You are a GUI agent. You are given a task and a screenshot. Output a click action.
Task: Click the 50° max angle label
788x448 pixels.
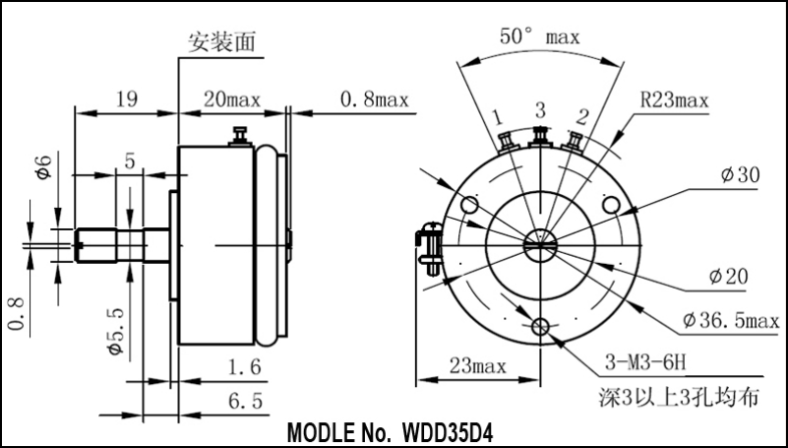tap(540, 36)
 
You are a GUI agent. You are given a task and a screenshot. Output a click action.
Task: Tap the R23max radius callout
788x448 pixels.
tap(675, 101)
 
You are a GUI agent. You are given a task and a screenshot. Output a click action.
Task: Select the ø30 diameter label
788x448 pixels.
tap(740, 175)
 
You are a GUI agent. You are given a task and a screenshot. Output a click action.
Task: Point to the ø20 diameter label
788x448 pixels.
tap(728, 276)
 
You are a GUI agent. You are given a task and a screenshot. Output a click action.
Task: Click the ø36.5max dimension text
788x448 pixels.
tap(731, 320)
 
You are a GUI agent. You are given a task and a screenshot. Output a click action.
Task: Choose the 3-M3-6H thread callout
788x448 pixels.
tap(645, 362)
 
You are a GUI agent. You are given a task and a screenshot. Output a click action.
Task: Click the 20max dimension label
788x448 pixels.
tap(232, 99)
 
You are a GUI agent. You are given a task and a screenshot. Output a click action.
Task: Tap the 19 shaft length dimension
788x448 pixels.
tap(127, 99)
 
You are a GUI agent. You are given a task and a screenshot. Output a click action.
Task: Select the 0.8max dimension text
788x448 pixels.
tap(375, 99)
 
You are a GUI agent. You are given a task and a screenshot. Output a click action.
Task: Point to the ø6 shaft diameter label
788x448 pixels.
tap(44, 167)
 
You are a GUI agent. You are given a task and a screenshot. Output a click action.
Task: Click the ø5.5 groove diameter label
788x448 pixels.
tap(116, 331)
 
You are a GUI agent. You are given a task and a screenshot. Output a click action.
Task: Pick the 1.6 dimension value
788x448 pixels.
tap(245, 367)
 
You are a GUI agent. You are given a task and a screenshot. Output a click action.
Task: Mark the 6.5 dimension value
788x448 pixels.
tap(245, 401)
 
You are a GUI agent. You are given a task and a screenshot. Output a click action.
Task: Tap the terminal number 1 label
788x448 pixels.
tap(497, 117)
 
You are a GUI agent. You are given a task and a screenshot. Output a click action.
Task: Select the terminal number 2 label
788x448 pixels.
tap(582, 117)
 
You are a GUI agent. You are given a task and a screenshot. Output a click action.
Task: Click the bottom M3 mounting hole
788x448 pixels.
tap(540, 327)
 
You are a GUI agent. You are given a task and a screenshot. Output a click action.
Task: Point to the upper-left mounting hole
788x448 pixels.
tap(470, 205)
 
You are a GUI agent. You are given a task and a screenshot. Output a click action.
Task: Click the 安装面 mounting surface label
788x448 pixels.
tap(221, 41)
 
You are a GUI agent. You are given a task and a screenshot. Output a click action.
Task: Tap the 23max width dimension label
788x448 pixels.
tap(477, 366)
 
